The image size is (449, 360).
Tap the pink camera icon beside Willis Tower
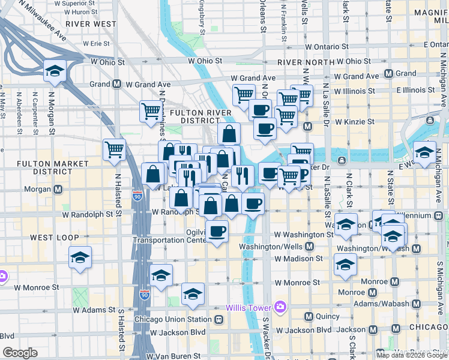point(280,308)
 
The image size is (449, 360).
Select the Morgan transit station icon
point(58,190)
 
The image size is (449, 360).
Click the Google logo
point(20,353)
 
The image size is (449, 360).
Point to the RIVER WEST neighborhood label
point(91,23)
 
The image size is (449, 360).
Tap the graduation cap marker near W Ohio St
point(55,71)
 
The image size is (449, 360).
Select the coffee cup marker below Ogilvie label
point(217,230)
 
